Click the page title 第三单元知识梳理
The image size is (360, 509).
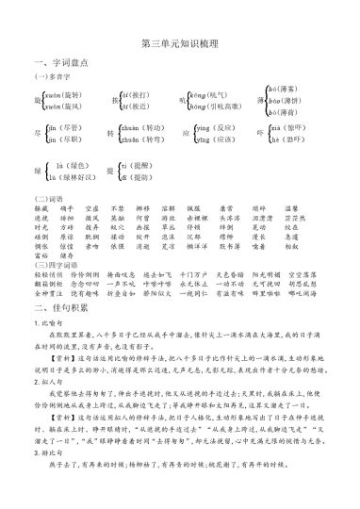tap(179, 43)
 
